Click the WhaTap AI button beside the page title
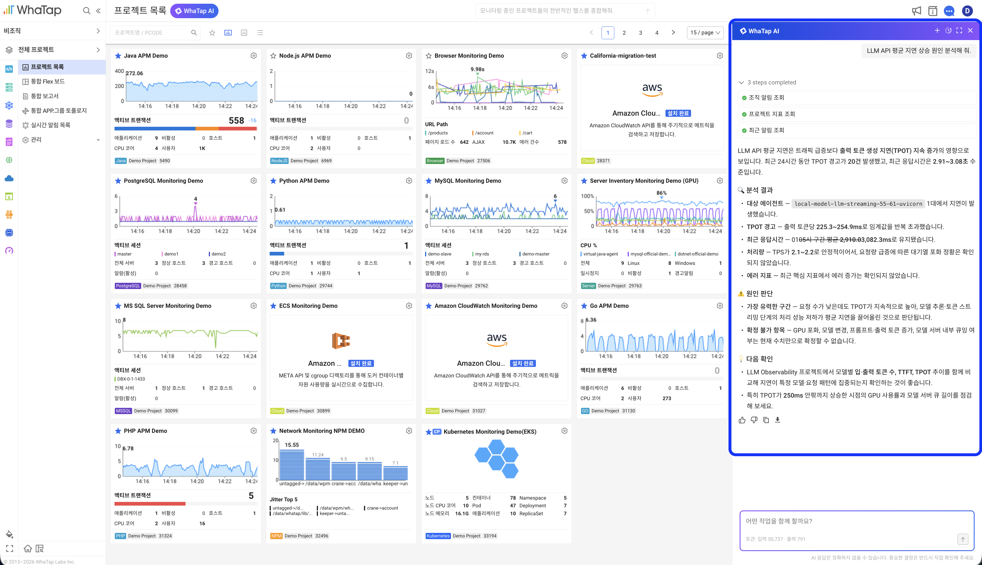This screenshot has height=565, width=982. click(194, 11)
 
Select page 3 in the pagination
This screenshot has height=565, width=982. click(640, 33)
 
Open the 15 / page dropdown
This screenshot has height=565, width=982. click(705, 33)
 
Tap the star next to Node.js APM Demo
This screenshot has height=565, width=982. click(273, 56)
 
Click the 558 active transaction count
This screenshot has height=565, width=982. click(236, 120)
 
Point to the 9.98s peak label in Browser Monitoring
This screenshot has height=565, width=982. click(477, 69)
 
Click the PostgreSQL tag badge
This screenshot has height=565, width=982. click(128, 286)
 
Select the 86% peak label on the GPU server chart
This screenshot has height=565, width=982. click(661, 193)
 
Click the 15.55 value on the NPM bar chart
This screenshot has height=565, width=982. click(292, 445)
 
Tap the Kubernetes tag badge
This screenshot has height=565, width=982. click(438, 536)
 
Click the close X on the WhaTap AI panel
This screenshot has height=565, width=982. click(970, 31)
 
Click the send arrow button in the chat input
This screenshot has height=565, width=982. click(963, 539)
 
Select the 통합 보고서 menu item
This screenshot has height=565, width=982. click(45, 96)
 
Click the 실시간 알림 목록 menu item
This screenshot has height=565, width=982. click(50, 125)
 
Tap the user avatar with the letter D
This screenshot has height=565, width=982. click(967, 11)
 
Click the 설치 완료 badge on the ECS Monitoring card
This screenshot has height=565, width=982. click(361, 363)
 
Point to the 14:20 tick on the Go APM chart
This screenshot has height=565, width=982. click(662, 356)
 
